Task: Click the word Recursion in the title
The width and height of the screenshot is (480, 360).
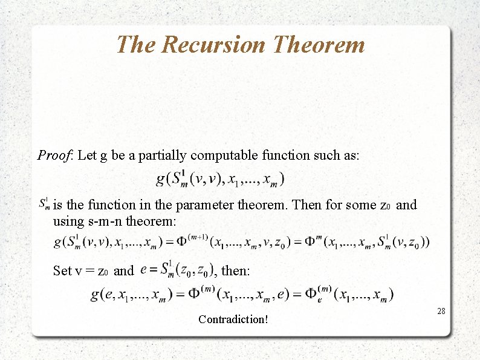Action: pos(215,44)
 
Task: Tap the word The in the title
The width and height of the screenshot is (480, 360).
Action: pos(135,44)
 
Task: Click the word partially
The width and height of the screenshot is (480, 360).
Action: pos(164,155)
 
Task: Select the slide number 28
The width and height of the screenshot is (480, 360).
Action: pos(441,311)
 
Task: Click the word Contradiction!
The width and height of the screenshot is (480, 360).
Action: pos(233,319)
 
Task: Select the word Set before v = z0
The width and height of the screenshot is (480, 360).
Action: pos(63,270)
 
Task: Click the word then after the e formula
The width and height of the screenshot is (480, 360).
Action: pos(235,270)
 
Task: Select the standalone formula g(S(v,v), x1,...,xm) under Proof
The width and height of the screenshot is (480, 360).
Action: pos(220,179)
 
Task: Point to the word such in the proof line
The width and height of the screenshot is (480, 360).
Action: pos(322,155)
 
